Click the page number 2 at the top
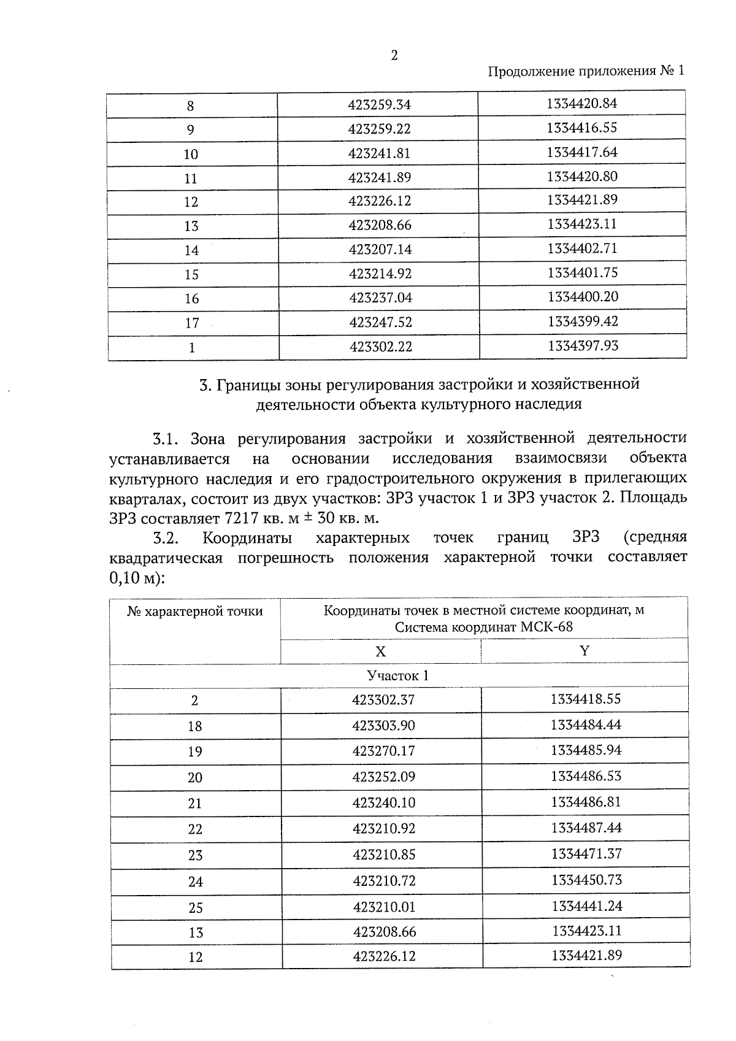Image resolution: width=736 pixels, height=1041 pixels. [394, 55]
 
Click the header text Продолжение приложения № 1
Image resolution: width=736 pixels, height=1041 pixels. [585, 71]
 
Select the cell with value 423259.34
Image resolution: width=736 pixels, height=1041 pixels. [378, 104]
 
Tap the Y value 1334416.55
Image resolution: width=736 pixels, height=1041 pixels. [581, 128]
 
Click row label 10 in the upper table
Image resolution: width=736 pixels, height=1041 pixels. [191, 154]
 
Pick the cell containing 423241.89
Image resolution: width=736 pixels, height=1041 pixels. [379, 177]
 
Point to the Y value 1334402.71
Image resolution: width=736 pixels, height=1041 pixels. [582, 248]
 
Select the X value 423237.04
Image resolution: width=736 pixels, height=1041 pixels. [380, 298]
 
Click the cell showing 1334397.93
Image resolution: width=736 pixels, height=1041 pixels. [583, 346]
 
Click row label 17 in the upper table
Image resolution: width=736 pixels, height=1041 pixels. [192, 323]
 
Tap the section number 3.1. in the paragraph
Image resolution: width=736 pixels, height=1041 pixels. [166, 439]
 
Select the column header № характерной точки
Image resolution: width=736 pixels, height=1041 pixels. [195, 612]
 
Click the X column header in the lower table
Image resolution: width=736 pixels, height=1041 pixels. [380, 651]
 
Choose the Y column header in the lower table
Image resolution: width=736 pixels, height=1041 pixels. [584, 651]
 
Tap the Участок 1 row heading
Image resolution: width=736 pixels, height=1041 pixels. [397, 676]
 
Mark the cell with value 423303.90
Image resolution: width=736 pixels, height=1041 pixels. [383, 726]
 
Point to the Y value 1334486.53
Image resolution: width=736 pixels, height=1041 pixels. [586, 776]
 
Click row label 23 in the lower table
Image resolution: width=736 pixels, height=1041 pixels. [195, 855]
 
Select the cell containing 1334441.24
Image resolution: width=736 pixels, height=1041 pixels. [586, 906]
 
